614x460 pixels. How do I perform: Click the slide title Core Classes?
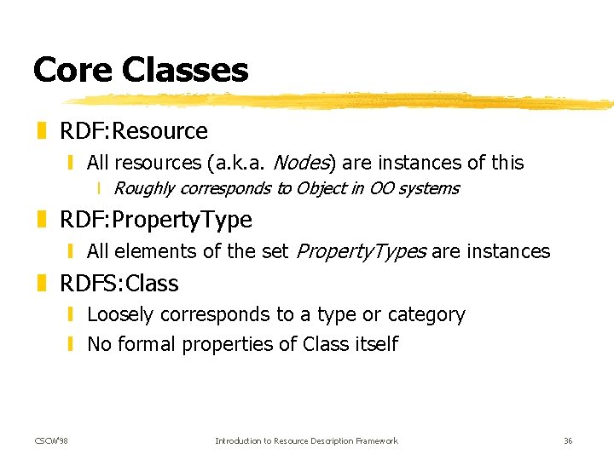[x=141, y=70]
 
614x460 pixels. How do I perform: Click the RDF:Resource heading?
[x=134, y=131]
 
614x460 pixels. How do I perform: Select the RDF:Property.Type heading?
[x=156, y=220]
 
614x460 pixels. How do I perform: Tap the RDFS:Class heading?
[x=119, y=283]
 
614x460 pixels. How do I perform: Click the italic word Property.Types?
[x=361, y=251]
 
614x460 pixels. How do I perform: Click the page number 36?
[x=568, y=440]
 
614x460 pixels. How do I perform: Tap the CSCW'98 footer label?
[x=52, y=440]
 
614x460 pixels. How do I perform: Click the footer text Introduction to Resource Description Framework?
[x=306, y=440]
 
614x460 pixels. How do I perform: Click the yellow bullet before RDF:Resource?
[x=42, y=131]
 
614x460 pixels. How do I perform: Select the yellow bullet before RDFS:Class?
[x=42, y=283]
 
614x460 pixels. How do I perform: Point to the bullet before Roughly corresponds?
[x=100, y=189]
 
